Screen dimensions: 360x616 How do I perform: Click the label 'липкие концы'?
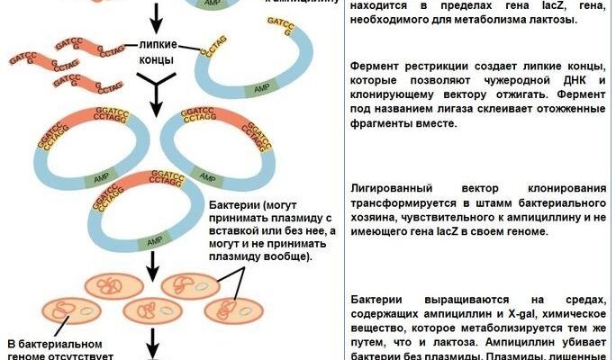pyautogui.click(x=162, y=52)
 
